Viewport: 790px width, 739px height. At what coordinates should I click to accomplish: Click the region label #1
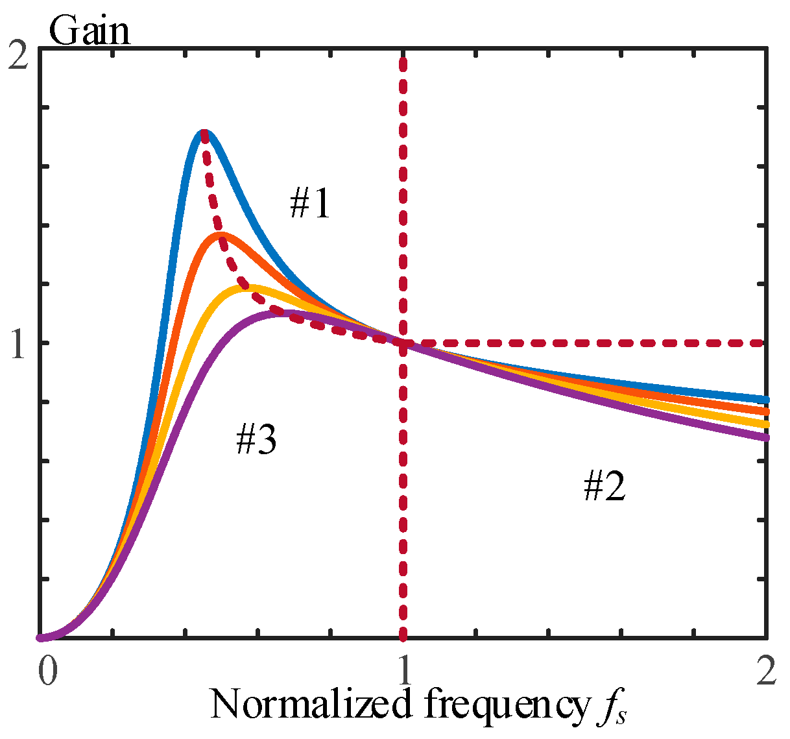click(309, 204)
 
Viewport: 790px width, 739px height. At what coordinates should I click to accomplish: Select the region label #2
click(604, 487)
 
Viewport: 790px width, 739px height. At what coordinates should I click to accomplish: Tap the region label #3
click(256, 440)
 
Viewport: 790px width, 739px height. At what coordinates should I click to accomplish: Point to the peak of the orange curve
click(221, 234)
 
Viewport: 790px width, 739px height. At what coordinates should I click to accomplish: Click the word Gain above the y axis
click(90, 30)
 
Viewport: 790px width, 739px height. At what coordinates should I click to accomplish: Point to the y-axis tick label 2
click(20, 57)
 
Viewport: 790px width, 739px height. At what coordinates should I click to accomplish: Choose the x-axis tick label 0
click(46, 672)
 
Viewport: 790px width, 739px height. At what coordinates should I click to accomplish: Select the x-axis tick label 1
click(404, 672)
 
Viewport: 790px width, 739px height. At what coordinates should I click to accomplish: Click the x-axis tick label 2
click(766, 672)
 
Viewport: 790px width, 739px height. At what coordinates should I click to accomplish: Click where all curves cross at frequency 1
click(403, 343)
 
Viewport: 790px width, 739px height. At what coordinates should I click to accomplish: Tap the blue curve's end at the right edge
click(765, 399)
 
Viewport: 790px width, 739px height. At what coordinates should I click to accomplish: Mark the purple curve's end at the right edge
click(765, 437)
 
